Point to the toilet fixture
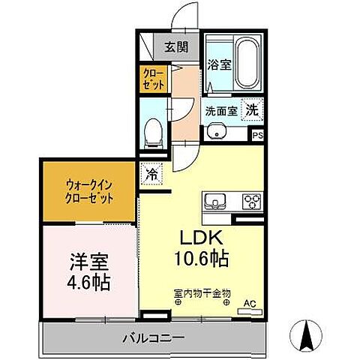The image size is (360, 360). (x=152, y=131)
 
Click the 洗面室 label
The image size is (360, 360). (x=222, y=110)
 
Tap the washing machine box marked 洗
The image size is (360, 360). (x=253, y=109)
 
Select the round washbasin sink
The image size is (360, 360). (x=219, y=132)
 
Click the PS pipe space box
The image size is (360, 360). (x=257, y=136)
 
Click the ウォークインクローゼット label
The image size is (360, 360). (x=88, y=194)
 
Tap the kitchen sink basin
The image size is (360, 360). (x=215, y=201)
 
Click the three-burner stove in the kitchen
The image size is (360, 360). (x=250, y=201)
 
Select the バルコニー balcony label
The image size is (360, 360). (x=153, y=339)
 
